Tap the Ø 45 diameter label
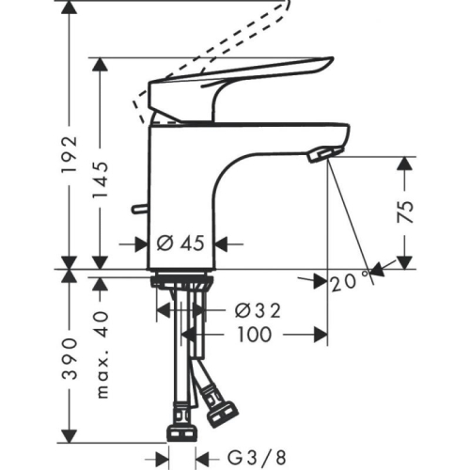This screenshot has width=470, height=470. tap(179, 243)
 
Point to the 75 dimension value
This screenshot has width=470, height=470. tap(405, 211)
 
